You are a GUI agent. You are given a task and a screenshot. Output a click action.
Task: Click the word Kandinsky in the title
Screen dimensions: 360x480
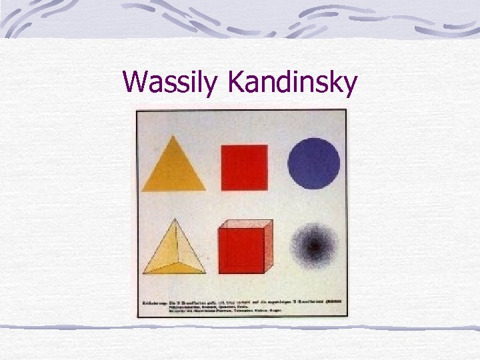pyautogui.click(x=293, y=83)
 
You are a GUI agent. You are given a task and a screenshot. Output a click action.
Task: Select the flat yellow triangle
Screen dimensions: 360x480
pyautogui.click(x=173, y=171)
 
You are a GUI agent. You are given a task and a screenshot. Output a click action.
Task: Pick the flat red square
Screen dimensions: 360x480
pyautogui.click(x=244, y=167)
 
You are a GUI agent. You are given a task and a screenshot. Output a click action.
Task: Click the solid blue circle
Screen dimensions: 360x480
pyautogui.click(x=313, y=163)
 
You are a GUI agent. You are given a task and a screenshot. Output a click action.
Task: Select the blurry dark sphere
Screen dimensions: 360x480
pyautogui.click(x=313, y=248)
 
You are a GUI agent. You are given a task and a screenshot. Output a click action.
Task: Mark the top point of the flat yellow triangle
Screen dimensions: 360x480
pyautogui.click(x=174, y=136)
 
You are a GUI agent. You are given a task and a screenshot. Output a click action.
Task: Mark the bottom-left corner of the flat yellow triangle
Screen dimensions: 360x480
pyautogui.click(x=143, y=190)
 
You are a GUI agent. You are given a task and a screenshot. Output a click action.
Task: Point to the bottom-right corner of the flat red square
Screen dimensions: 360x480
pyautogui.click(x=267, y=190)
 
